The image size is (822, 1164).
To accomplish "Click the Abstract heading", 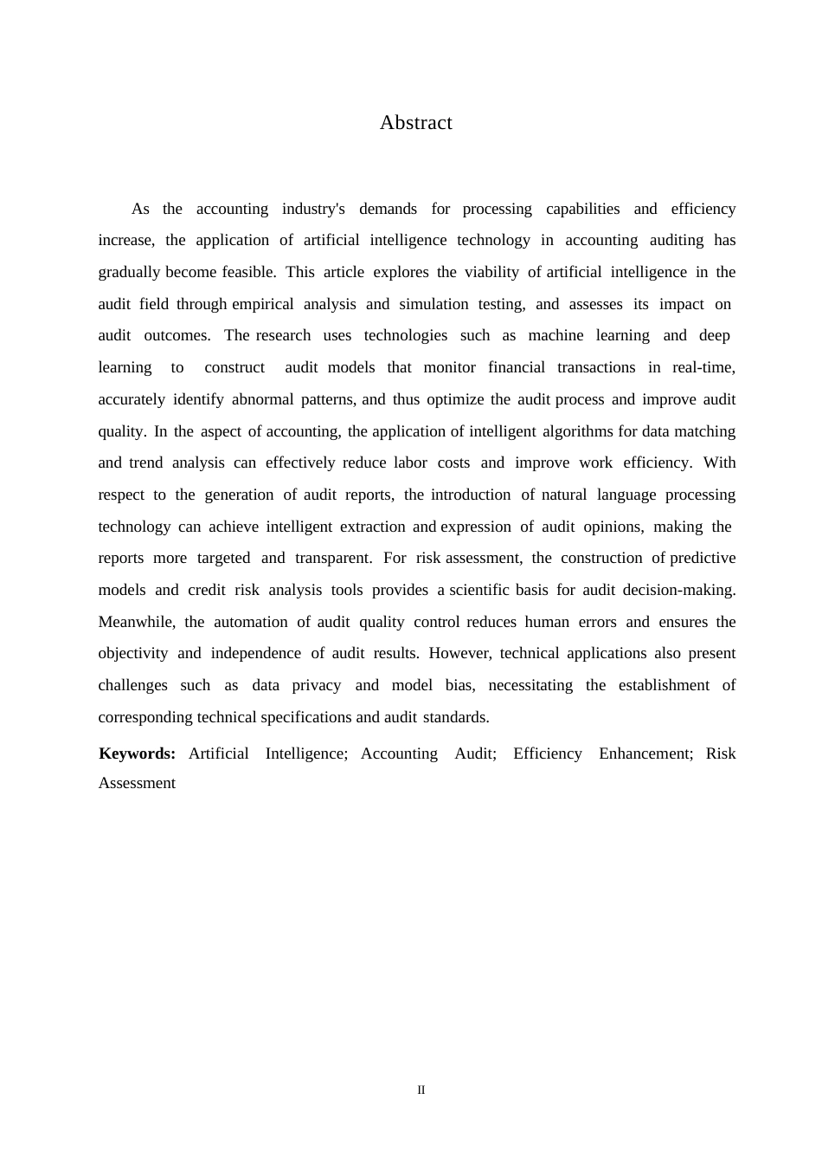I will tap(415, 123).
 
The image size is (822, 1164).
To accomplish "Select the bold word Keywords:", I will tap(138, 753).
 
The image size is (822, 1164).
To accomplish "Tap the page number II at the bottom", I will tap(421, 1090).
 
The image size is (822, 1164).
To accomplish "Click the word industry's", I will tap(313, 209).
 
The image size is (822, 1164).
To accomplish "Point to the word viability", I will tap(491, 272).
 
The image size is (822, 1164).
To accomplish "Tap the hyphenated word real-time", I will tap(703, 367).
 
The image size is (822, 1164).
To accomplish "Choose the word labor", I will tap(410, 462).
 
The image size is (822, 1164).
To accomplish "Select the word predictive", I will tap(703, 558).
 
